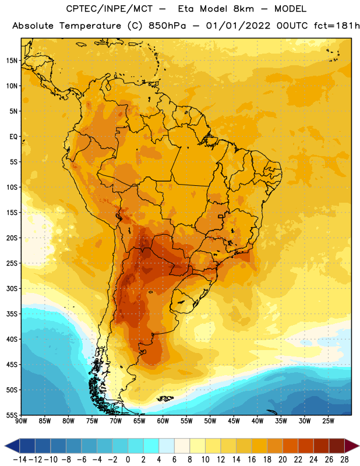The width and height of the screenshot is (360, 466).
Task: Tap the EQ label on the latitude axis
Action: tap(13, 137)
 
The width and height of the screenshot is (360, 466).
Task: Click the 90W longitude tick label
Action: tap(21, 421)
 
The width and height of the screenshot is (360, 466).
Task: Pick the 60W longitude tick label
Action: tap(163, 421)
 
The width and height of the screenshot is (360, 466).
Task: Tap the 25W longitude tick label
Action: tap(328, 421)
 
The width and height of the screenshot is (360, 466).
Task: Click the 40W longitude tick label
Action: tap(257, 421)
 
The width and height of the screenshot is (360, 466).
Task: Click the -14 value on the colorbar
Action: tap(20, 460)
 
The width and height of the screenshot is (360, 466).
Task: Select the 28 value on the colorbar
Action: tap(344, 460)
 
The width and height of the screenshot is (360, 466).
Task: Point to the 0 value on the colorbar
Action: tap(128, 460)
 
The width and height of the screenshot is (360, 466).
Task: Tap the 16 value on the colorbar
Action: tap(252, 460)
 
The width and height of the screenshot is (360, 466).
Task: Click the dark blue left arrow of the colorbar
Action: tap(12, 446)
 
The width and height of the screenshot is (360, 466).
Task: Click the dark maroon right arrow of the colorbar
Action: tap(352, 446)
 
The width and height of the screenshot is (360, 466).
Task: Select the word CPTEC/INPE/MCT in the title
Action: tap(110, 9)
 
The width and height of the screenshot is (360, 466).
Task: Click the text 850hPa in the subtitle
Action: tap(167, 26)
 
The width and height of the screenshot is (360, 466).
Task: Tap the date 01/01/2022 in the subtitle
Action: tap(238, 26)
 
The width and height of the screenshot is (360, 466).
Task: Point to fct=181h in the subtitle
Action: tap(337, 26)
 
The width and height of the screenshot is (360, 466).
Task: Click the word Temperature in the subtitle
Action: tap(90, 26)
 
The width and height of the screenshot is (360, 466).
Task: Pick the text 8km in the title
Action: tap(243, 9)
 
